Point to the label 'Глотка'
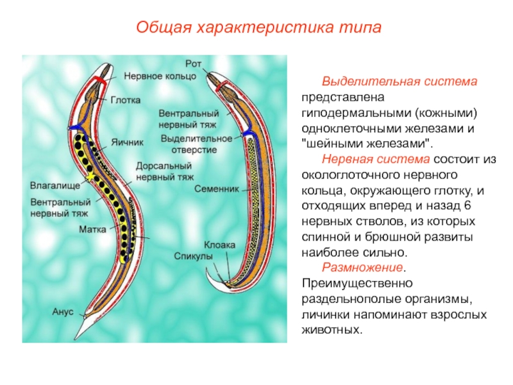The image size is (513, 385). (x=126, y=100)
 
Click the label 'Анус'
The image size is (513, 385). (x=63, y=312)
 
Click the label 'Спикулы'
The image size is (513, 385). (x=194, y=255)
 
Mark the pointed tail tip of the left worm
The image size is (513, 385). (x=76, y=338)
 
